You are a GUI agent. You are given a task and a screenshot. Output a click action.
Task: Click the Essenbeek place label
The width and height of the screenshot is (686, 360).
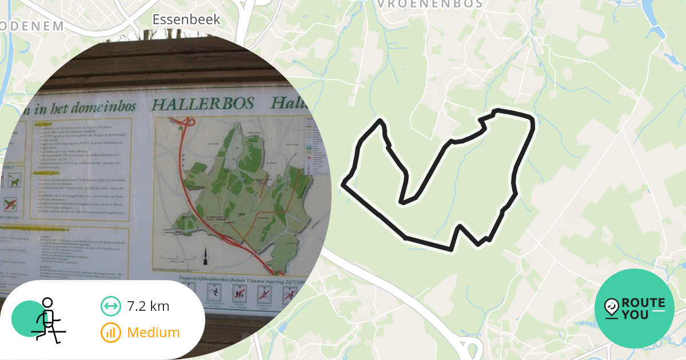(186, 20)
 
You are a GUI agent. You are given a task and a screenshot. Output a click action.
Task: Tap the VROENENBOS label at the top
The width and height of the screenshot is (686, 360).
(430, 4)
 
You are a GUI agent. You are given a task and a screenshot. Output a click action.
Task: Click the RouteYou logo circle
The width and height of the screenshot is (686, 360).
(634, 309)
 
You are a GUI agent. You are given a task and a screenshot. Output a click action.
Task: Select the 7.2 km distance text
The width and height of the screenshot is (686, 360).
(148, 306)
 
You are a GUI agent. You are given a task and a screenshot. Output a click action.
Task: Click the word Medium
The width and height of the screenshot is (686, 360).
(153, 333)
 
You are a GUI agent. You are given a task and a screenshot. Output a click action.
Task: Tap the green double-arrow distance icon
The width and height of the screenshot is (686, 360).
(111, 306)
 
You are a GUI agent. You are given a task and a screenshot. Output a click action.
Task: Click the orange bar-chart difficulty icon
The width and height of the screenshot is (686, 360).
(111, 333)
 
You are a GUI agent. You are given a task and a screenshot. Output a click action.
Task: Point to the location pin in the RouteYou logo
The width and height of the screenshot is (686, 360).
(611, 307)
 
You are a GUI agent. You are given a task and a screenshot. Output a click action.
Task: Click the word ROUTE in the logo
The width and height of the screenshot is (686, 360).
(643, 303)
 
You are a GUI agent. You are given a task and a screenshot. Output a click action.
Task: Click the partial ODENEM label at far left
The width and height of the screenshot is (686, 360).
(31, 26)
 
